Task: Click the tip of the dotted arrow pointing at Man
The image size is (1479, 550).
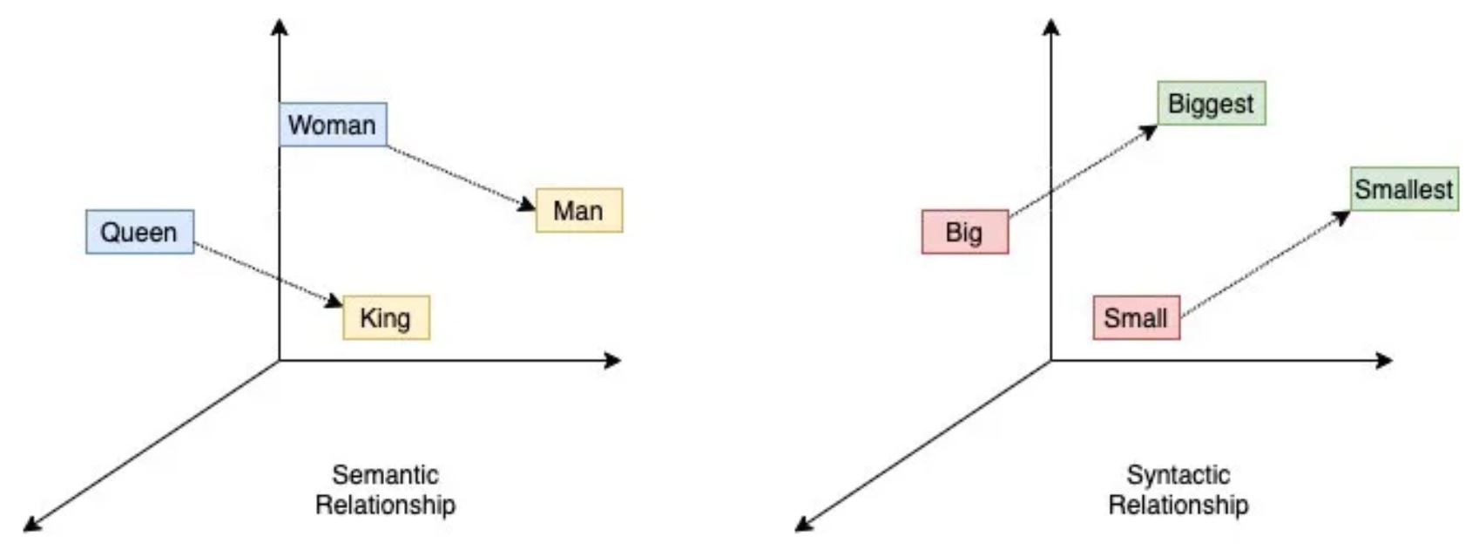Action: (x=536, y=209)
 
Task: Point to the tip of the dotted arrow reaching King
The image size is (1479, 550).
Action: (x=342, y=305)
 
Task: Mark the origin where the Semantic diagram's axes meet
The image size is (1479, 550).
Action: (x=280, y=360)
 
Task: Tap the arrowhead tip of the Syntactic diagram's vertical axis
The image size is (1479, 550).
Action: (x=1051, y=19)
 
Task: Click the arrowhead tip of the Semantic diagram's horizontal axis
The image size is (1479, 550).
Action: (x=621, y=360)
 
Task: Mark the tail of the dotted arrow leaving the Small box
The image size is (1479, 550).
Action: (x=1181, y=316)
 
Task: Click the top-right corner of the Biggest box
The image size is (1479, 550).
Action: (x=1266, y=82)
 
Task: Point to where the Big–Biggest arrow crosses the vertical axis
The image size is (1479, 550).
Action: (x=1051, y=190)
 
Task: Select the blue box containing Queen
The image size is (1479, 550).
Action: (x=140, y=232)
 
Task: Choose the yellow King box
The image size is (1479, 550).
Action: (x=386, y=318)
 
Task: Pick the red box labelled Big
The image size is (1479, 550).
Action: (x=965, y=232)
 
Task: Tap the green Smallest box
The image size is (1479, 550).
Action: (x=1404, y=189)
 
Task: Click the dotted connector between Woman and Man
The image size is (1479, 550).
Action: (x=461, y=177)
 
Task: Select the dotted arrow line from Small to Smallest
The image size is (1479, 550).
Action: (x=1266, y=264)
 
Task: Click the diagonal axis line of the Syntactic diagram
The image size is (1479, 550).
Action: (x=923, y=445)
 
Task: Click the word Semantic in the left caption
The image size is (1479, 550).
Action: (x=386, y=475)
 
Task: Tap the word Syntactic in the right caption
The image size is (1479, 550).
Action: (x=1178, y=475)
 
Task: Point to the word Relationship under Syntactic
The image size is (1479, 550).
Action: (x=1178, y=505)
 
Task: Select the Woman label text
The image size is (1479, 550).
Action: (x=332, y=125)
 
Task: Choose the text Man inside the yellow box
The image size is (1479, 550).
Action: (x=578, y=211)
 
